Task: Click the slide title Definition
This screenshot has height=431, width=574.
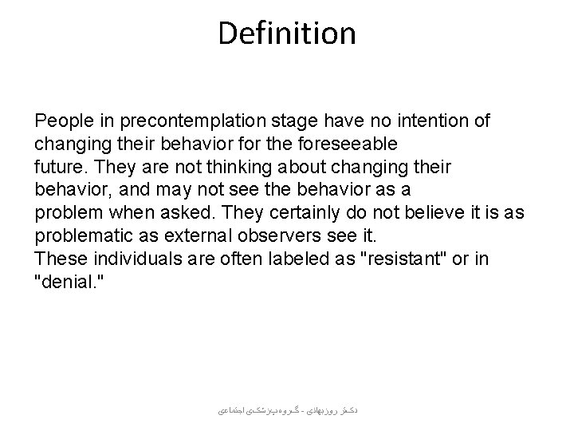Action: click(287, 34)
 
